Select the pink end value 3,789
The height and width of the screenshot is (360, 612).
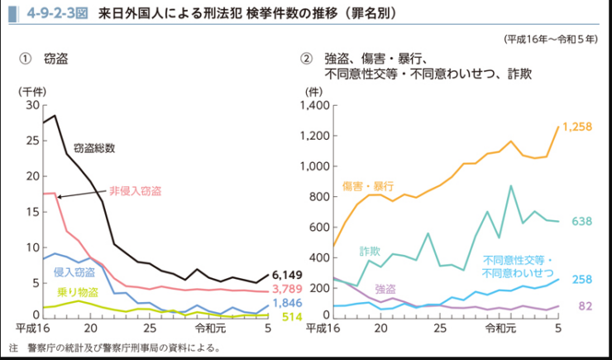click(287, 289)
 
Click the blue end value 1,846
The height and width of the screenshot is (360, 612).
click(287, 303)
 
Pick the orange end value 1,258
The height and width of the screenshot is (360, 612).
click(578, 127)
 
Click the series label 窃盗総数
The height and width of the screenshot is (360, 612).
click(94, 148)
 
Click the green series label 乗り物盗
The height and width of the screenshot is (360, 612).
click(75, 291)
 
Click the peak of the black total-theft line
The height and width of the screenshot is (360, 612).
click(55, 115)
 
